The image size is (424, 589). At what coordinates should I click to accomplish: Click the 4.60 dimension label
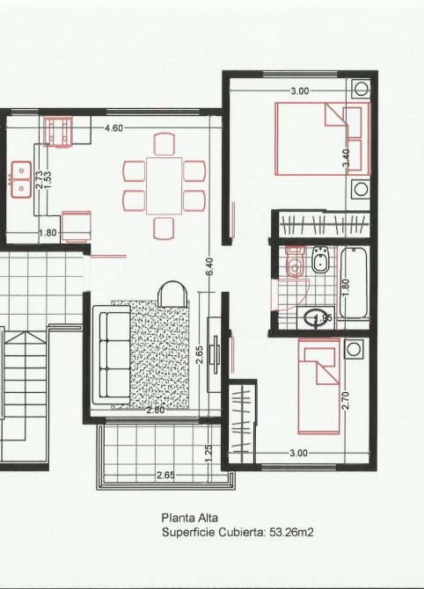tap(113, 128)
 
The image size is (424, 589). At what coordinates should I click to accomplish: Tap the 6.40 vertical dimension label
tap(209, 266)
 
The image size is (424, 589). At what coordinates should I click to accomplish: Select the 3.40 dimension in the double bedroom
tap(347, 157)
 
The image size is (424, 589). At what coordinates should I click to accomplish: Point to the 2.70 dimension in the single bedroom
tap(347, 400)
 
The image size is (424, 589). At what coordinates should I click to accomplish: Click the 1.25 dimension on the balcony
tap(209, 454)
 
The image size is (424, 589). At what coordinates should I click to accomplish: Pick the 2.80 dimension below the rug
tap(155, 411)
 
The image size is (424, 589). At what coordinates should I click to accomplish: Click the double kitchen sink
tap(21, 179)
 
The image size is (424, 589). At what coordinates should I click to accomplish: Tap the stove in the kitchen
tap(57, 132)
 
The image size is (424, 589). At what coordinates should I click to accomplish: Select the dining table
tap(164, 185)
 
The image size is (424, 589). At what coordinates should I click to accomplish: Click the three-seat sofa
tap(112, 354)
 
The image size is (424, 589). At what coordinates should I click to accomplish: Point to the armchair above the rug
tap(172, 294)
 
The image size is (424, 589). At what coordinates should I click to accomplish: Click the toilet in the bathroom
tap(294, 261)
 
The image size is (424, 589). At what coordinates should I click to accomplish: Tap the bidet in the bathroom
tap(320, 258)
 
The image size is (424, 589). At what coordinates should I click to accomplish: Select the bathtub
tap(354, 283)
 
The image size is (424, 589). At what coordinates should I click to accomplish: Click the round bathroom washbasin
tap(314, 317)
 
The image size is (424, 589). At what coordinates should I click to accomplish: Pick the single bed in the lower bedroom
tap(318, 386)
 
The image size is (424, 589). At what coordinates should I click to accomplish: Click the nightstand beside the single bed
tap(354, 349)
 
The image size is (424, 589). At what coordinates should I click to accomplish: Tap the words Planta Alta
tap(189, 518)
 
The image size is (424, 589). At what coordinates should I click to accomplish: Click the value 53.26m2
tap(291, 532)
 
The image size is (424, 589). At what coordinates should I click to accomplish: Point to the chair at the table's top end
tap(164, 144)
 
